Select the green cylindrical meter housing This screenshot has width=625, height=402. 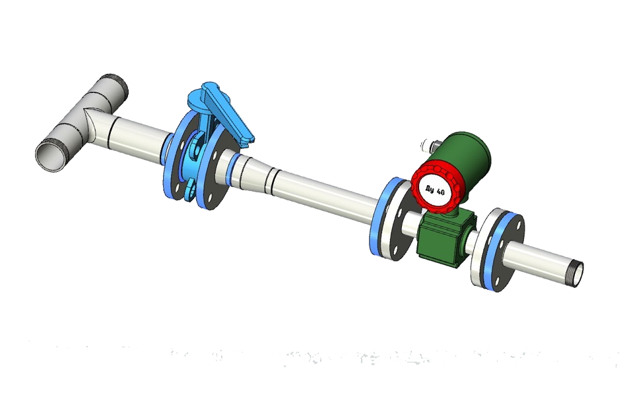pos(468,155)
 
